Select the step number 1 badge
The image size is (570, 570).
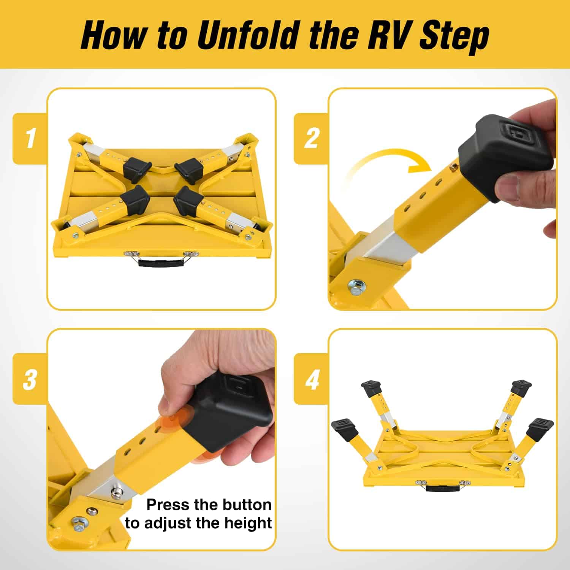30,138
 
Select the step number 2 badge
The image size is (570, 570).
312,138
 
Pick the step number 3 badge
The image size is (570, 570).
30,379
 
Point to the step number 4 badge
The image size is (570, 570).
312,379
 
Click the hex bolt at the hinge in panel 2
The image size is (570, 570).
356,285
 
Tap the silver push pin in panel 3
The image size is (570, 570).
116,493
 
